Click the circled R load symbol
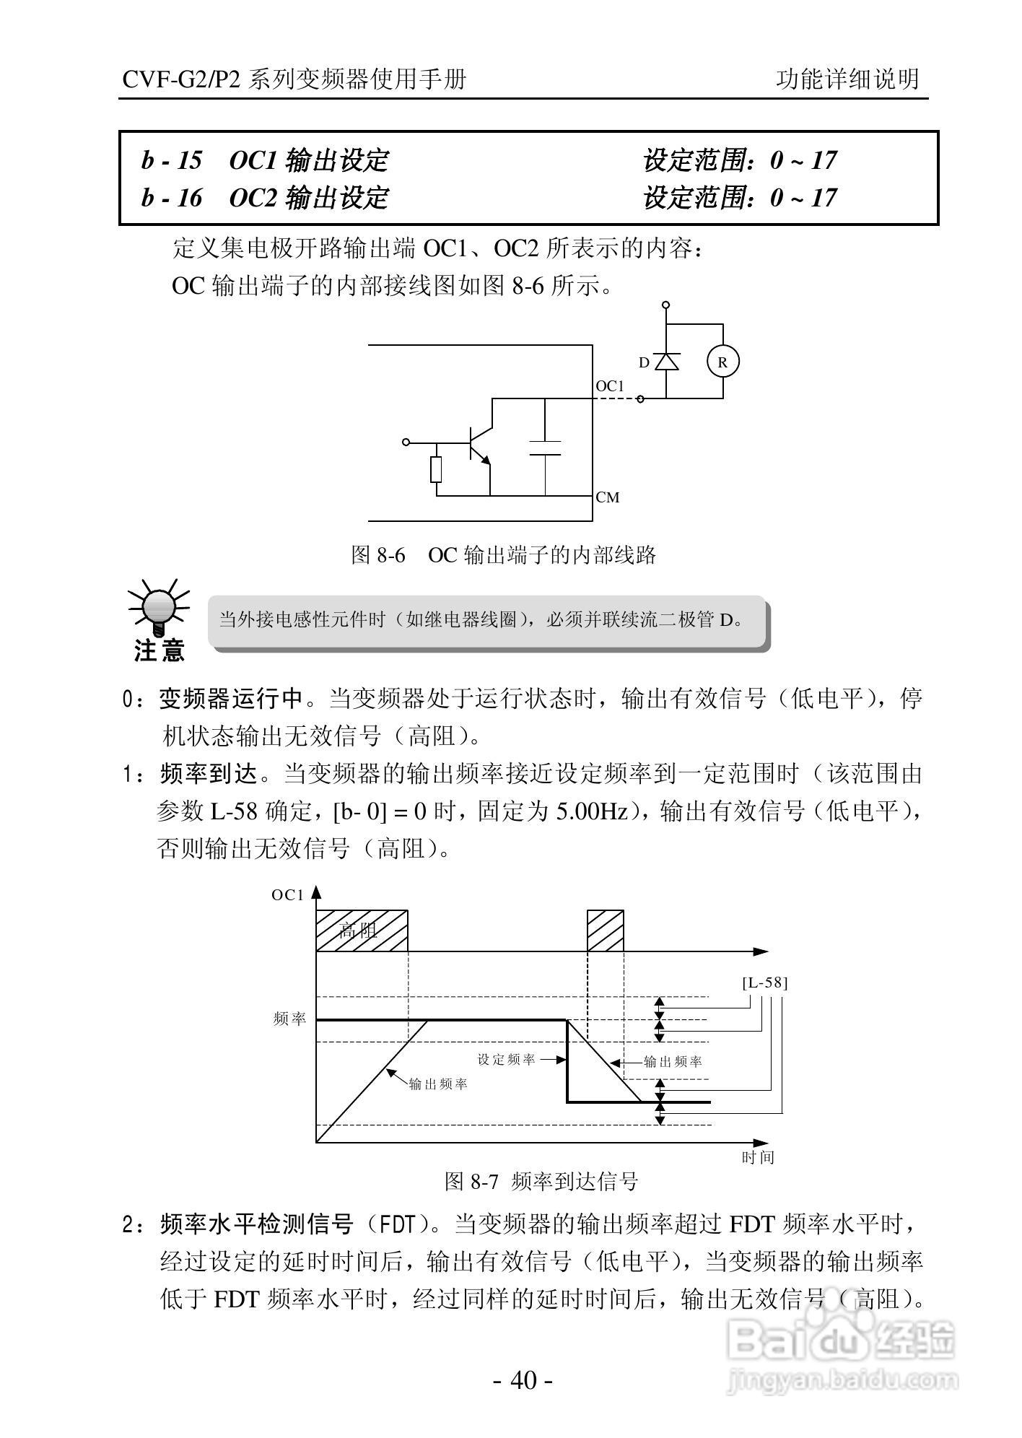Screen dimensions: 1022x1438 point(722,362)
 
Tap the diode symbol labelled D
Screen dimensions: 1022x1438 point(665,362)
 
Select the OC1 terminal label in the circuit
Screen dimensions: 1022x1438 point(610,386)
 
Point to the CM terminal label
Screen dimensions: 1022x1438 point(608,497)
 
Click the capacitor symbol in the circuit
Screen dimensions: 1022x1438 point(545,448)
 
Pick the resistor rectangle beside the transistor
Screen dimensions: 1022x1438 point(436,469)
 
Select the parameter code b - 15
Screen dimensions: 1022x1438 point(172,160)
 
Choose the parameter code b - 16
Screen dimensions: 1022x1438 point(172,198)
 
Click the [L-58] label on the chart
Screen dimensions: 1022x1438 point(765,982)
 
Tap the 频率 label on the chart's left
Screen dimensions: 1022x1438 point(289,1019)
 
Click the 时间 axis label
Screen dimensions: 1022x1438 point(758,1157)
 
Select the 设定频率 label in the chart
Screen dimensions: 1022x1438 point(507,1060)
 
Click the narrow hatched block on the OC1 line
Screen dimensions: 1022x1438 point(605,931)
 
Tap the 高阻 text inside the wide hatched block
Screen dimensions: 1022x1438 point(358,931)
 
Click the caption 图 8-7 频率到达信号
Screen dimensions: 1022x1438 point(541,1182)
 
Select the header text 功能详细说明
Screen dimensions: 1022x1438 point(848,79)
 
